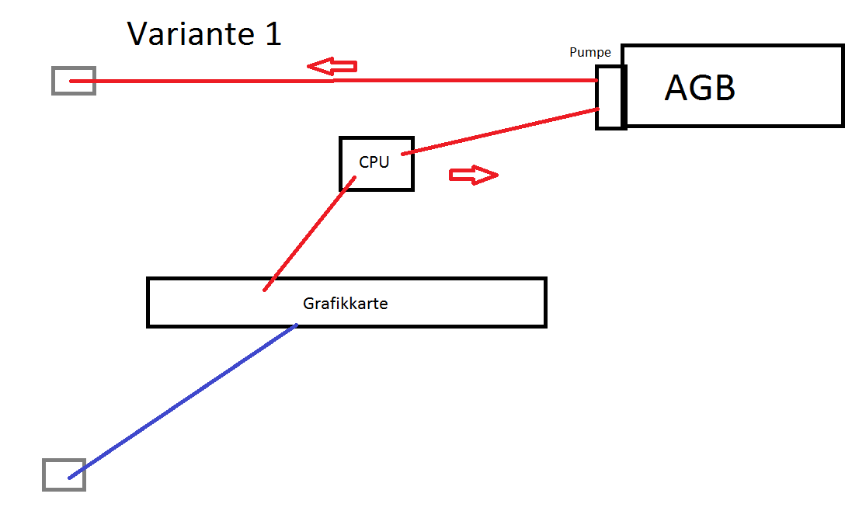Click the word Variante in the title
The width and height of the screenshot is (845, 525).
coord(191,34)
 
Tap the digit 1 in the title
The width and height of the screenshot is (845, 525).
coord(273,34)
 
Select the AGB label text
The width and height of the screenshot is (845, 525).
coord(700,87)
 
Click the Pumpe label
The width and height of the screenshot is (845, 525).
coord(590,52)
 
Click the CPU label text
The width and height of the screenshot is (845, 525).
coord(374,162)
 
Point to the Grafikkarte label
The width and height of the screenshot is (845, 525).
coord(346,304)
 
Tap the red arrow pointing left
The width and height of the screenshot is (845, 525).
coord(332,66)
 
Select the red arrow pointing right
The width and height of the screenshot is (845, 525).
coord(474,175)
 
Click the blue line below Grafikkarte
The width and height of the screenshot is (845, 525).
coord(183,402)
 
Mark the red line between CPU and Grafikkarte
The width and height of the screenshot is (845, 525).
coord(309,234)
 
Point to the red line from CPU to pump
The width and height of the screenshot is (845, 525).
coord(500,131)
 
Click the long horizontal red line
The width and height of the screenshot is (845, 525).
coord(333,81)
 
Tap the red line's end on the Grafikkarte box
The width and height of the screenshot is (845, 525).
coord(265,290)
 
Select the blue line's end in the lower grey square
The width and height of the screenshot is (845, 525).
coord(70,478)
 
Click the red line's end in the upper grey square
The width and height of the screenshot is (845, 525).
coord(71,82)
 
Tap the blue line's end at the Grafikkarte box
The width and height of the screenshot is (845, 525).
coord(297,325)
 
